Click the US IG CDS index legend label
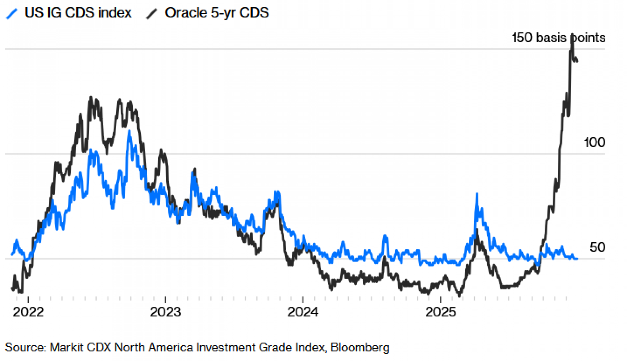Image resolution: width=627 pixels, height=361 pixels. [78, 13]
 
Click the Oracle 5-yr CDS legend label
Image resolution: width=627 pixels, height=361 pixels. [217, 13]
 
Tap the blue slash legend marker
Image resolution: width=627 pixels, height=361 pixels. [12, 13]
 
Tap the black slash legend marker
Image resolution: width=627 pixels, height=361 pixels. [152, 13]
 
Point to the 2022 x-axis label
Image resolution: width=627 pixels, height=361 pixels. [28, 312]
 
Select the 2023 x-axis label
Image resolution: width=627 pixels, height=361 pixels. [166, 312]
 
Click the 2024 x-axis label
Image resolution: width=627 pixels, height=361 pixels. [303, 312]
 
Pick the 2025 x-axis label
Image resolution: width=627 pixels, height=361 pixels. [440, 312]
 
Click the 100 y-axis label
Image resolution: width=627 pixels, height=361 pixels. [594, 143]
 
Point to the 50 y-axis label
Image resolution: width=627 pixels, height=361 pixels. [597, 247]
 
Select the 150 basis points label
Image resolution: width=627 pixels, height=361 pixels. [558, 38]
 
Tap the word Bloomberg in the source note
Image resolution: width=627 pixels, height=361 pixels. [360, 347]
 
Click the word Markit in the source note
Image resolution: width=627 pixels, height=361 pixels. [66, 347]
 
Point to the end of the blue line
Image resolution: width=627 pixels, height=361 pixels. [577, 259]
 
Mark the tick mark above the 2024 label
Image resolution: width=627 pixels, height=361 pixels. [303, 300]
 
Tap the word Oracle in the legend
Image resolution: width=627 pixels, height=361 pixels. [186, 13]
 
